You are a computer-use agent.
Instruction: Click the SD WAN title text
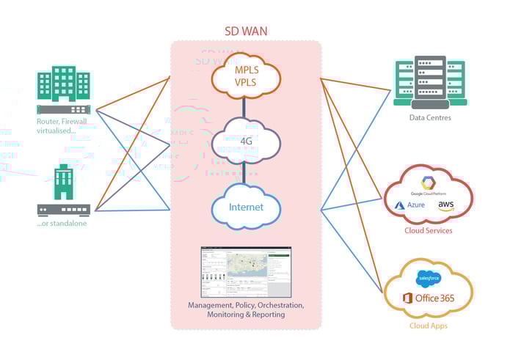pyautogui.click(x=246, y=32)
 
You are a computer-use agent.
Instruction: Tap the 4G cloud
pyautogui.click(x=246, y=139)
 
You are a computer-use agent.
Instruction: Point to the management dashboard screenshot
pyautogui.click(x=246, y=271)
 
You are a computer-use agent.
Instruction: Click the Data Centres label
pyautogui.click(x=430, y=117)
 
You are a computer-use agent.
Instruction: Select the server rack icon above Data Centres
pyautogui.click(x=430, y=81)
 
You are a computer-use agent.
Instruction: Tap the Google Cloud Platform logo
pyautogui.click(x=429, y=183)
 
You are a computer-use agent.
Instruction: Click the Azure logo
pyautogui.click(x=410, y=206)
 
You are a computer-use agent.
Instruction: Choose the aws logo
pyautogui.click(x=446, y=206)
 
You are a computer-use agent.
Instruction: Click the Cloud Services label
pyautogui.click(x=429, y=230)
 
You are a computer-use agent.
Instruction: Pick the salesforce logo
pyautogui.click(x=428, y=278)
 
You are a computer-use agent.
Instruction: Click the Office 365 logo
pyautogui.click(x=428, y=298)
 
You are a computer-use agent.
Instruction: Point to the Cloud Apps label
pyautogui.click(x=428, y=326)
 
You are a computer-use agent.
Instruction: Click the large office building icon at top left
pyautogui.click(x=64, y=84)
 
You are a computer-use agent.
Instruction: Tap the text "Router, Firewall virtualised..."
pyautogui.click(x=65, y=126)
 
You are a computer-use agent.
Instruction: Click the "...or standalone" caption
pyautogui.click(x=63, y=223)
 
